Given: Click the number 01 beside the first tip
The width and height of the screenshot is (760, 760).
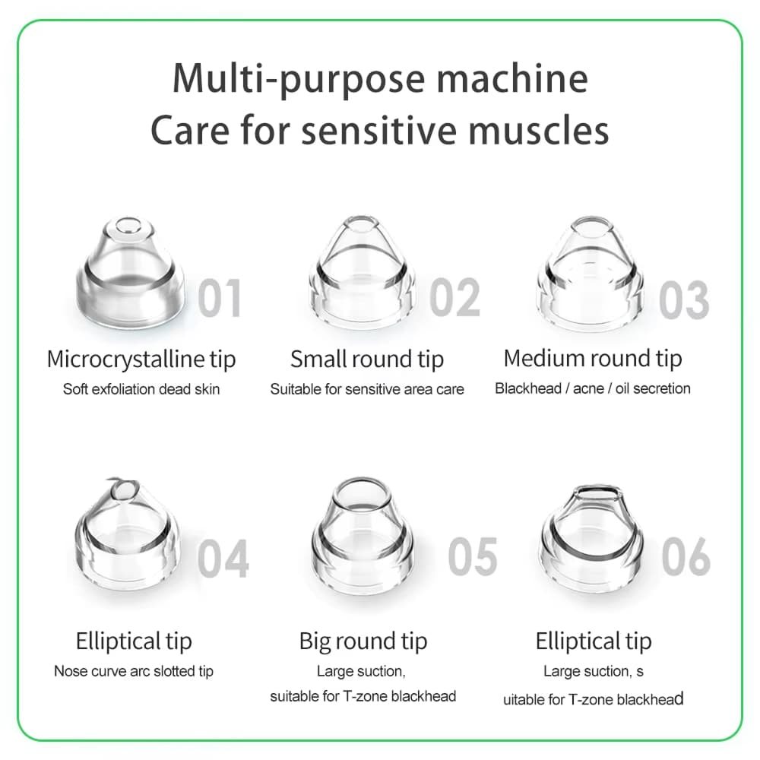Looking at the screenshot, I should pyautogui.click(x=220, y=298).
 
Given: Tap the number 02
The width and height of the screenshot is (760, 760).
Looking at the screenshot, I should pyautogui.click(x=455, y=296).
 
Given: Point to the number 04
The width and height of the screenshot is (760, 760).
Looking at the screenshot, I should pyautogui.click(x=223, y=558).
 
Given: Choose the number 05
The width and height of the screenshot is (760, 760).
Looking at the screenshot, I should pyautogui.click(x=473, y=556).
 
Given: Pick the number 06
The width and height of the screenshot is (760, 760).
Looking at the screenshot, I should pyautogui.click(x=686, y=556).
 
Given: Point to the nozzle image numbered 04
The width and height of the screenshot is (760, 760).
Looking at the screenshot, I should pyautogui.click(x=128, y=532).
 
